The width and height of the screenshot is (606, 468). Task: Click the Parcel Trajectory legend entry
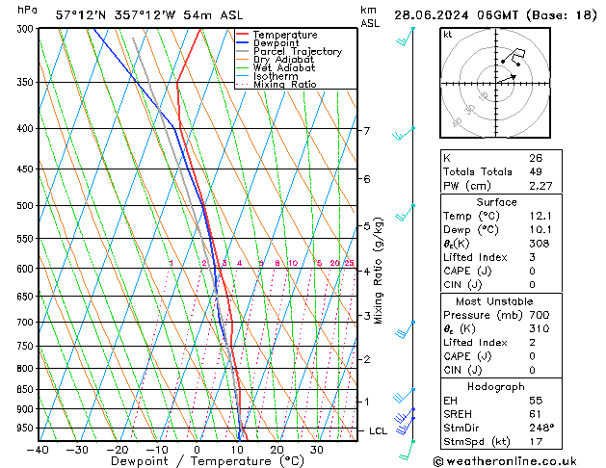tap(297, 51)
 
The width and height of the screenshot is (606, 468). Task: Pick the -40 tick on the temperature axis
tap(39, 449)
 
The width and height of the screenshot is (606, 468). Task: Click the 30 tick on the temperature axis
tap(316, 449)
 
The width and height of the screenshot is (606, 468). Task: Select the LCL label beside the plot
tap(379, 430)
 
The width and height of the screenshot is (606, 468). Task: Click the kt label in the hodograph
tap(447, 34)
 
